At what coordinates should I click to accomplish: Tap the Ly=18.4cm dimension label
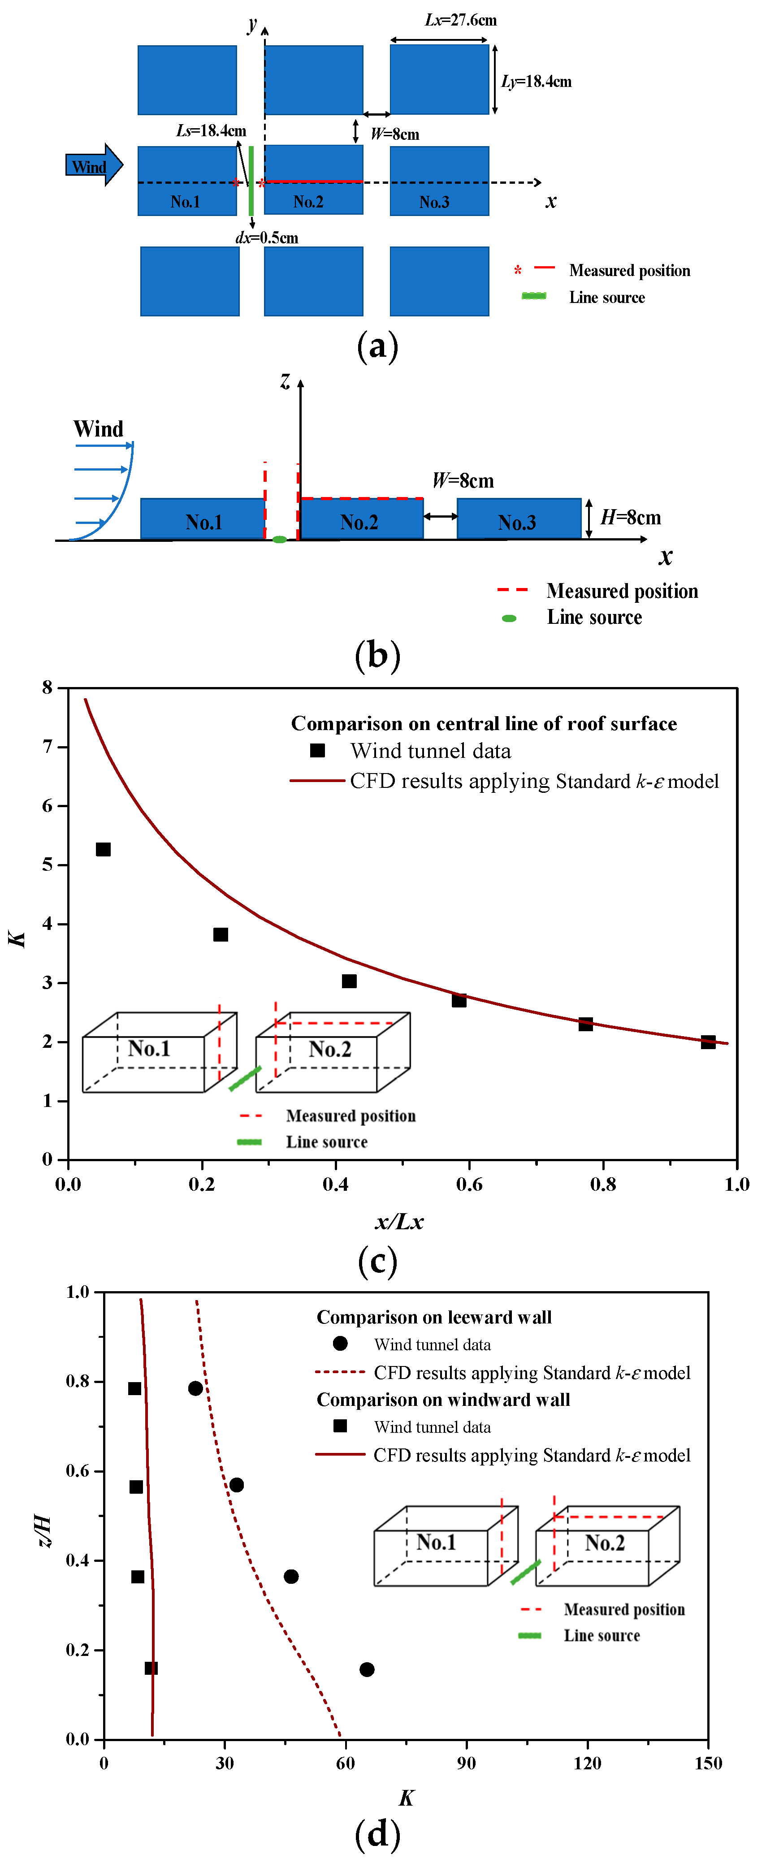click(536, 82)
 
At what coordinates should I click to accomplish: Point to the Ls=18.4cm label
click(211, 131)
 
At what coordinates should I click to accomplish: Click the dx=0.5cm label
click(266, 238)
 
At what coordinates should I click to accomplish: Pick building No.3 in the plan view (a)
click(439, 181)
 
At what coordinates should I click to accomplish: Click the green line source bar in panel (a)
click(251, 181)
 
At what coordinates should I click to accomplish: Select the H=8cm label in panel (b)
click(630, 518)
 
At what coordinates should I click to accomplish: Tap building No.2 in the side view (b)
click(361, 520)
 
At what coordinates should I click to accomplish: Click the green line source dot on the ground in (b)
click(279, 540)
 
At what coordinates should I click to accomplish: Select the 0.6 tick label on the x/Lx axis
click(469, 1184)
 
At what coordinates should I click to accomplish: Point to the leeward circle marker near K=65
click(367, 1669)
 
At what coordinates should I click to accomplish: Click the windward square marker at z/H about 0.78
click(134, 1388)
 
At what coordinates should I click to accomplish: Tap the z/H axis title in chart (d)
click(44, 1530)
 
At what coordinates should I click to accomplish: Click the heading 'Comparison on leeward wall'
click(434, 1317)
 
